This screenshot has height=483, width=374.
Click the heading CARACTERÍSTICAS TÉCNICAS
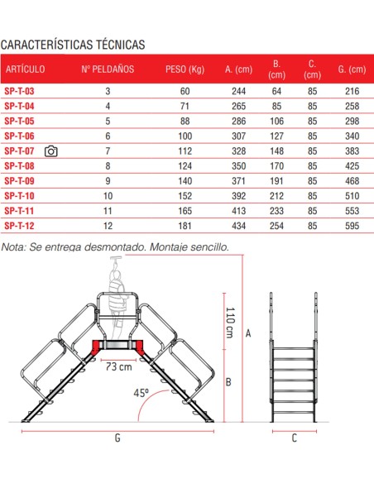click(x=74, y=43)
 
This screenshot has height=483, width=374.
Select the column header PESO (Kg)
click(x=185, y=69)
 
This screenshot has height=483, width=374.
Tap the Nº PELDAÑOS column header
click(x=108, y=69)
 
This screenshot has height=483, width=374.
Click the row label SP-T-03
click(x=19, y=91)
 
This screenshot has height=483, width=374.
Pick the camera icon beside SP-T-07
click(x=51, y=151)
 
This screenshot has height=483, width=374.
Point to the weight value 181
click(x=185, y=225)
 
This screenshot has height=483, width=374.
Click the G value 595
click(x=352, y=225)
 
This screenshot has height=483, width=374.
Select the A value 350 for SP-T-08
click(x=238, y=165)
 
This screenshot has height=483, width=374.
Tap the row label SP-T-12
click(x=19, y=225)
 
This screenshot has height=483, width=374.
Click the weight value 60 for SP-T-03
click(x=185, y=91)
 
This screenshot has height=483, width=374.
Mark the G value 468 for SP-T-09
click(x=352, y=180)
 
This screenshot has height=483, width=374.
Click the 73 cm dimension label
click(x=118, y=366)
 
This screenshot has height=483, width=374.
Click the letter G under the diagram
click(x=118, y=438)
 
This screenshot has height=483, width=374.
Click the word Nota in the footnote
click(x=14, y=246)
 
